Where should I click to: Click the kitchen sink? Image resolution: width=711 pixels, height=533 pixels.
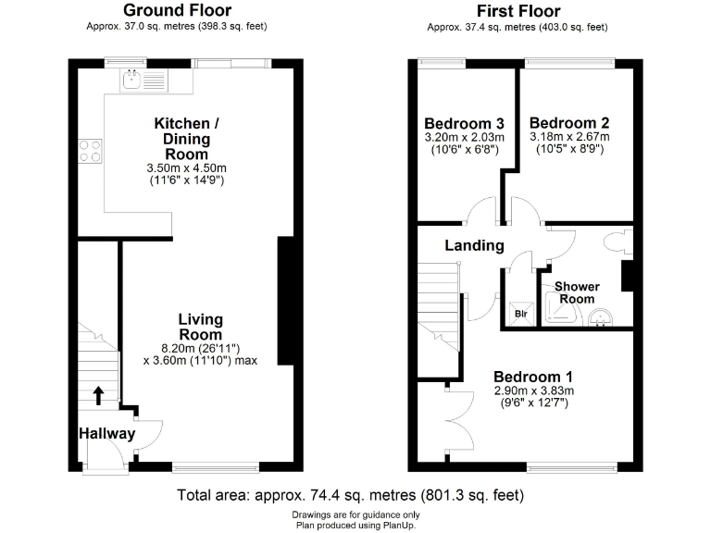142,81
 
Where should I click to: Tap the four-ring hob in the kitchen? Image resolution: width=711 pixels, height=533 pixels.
90,150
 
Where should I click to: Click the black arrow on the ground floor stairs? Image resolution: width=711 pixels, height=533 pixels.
99,396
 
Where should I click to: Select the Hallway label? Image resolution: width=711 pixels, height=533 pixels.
106,433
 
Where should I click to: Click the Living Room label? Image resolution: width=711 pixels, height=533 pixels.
200,327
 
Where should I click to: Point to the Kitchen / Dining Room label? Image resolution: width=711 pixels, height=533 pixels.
187,139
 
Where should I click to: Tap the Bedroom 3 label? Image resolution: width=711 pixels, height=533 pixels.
464,124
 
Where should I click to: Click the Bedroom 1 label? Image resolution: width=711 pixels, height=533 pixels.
533,377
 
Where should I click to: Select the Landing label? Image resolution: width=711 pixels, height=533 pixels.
474,245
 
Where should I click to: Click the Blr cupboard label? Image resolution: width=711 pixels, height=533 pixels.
520,313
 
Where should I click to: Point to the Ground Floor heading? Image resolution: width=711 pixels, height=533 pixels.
177,11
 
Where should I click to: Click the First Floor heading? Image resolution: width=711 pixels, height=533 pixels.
518,11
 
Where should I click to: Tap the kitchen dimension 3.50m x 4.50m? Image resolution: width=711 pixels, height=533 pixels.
187,167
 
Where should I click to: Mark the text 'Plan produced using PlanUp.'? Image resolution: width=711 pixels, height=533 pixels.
355,525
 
